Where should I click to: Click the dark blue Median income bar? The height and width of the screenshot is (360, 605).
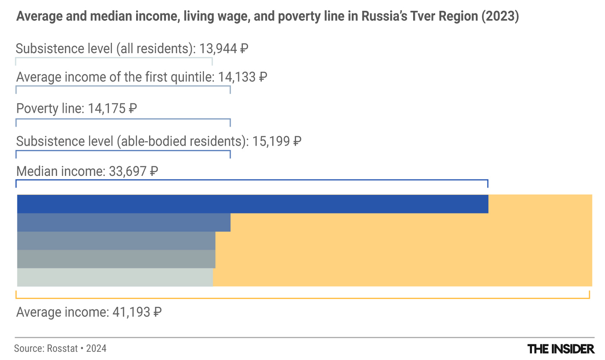coord(252,204)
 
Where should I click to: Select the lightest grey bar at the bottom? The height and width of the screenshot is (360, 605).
coord(115,277)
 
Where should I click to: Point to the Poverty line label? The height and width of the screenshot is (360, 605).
coord(50,108)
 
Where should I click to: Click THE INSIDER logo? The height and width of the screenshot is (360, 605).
coord(561,348)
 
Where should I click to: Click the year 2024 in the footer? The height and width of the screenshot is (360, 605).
coord(96,348)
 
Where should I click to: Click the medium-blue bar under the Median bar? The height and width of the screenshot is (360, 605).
coord(124,222)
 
